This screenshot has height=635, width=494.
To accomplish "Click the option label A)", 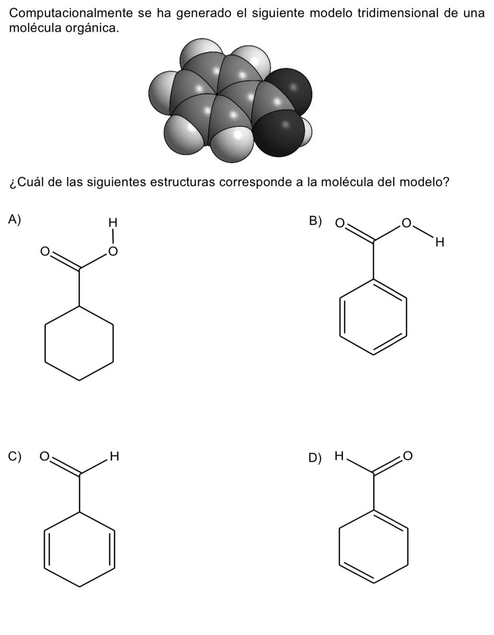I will point(15,220).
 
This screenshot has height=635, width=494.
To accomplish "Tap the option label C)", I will point(15,456).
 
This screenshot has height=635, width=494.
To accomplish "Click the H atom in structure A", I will point(113,222).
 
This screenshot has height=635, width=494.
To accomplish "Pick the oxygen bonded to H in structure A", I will point(113,250).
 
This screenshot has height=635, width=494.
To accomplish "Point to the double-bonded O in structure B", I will point(339,223).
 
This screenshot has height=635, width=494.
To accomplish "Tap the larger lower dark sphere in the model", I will point(277,132).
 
